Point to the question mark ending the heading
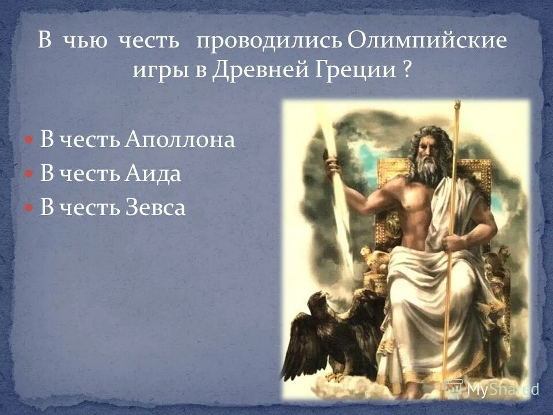(408, 71)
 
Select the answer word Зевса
(155, 208)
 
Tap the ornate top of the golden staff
(457, 107)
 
